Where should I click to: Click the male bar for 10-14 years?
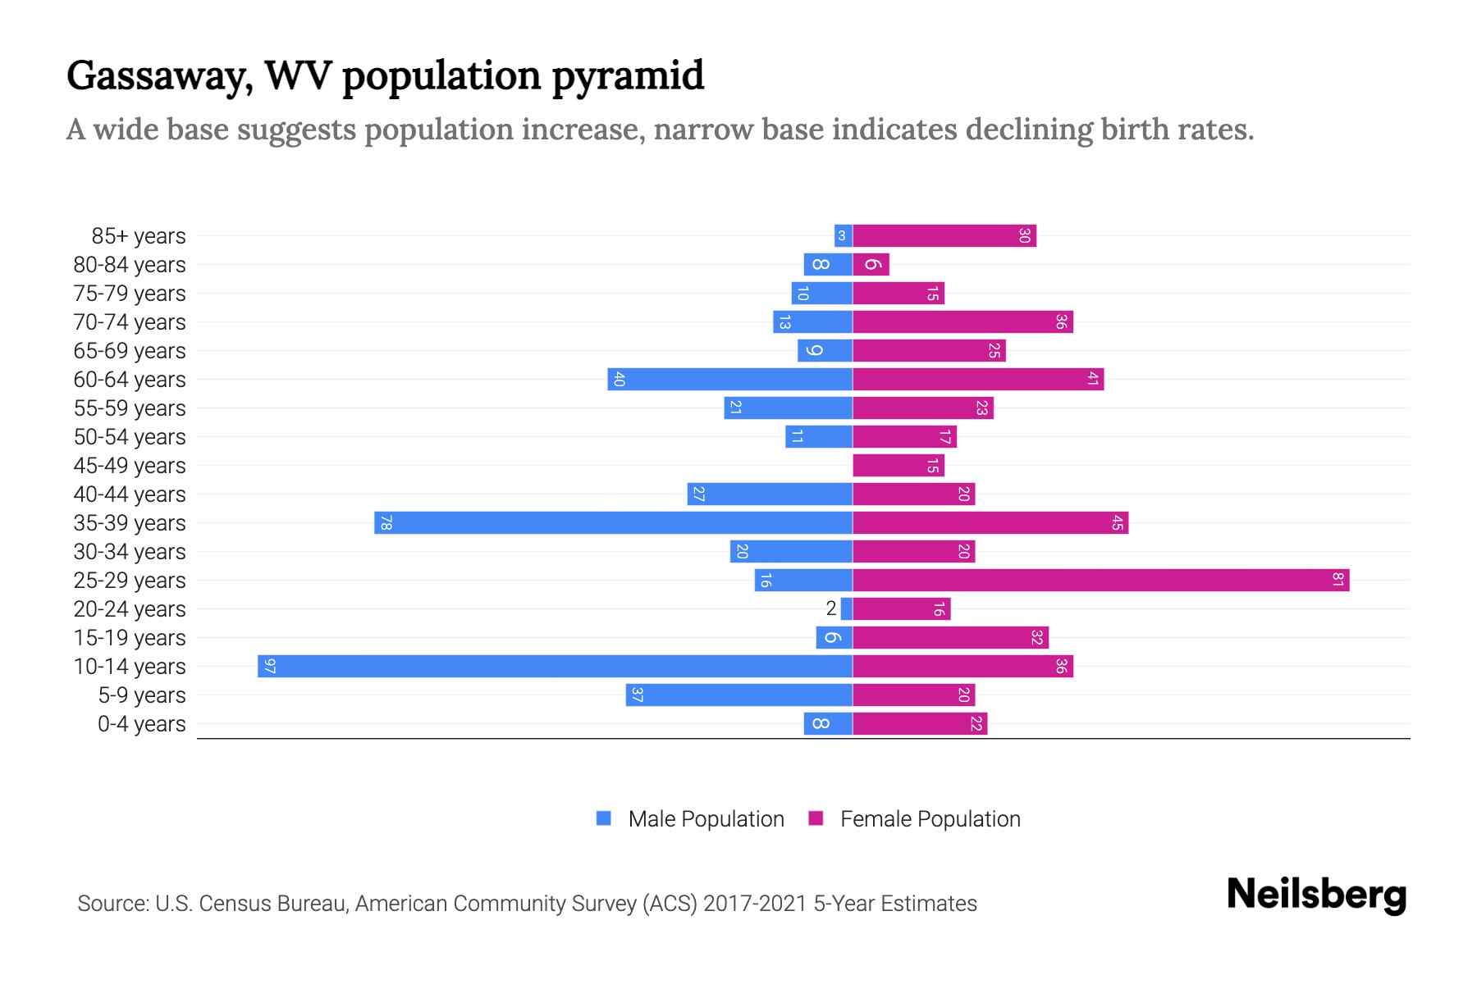click(555, 666)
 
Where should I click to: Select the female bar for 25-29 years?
click(1100, 580)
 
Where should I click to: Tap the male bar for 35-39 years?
click(613, 522)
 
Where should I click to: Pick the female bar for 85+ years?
click(944, 235)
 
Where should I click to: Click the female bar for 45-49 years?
click(898, 465)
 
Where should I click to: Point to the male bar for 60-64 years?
click(729, 379)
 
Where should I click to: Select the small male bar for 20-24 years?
click(847, 608)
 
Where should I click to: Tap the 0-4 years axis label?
click(141, 724)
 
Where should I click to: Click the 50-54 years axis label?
click(130, 437)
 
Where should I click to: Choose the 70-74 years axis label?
click(130, 322)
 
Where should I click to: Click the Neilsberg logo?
click(1316, 895)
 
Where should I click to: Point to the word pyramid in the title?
click(628, 76)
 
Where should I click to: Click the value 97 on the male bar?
click(270, 666)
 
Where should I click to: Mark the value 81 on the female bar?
click(1338, 580)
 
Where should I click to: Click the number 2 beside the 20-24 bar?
click(831, 608)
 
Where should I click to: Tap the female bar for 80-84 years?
click(871, 264)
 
